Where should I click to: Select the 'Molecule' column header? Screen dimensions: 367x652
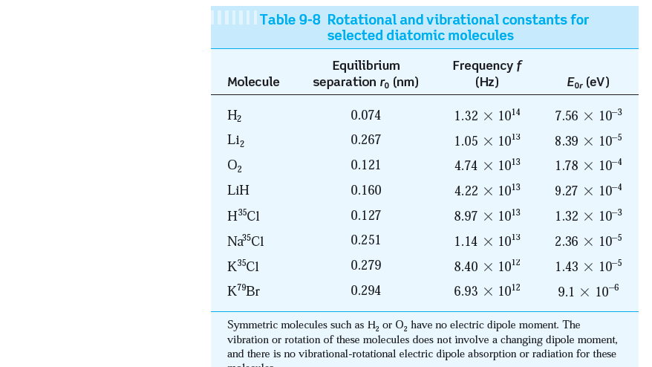point(253,82)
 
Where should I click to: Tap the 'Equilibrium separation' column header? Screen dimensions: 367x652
point(365,74)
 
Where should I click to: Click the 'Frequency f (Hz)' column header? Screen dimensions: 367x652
point(486,74)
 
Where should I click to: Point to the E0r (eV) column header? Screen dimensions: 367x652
point(587,82)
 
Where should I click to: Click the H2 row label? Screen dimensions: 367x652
point(234,116)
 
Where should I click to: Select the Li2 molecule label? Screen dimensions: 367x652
point(237,140)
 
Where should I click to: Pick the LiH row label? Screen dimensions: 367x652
point(238,190)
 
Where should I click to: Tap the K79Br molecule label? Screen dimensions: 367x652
point(244,290)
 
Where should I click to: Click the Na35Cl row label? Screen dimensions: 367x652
point(245,241)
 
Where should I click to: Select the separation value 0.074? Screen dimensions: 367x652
point(365,115)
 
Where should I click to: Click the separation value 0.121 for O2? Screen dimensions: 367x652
point(365,165)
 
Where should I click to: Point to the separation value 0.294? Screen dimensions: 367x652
point(365,290)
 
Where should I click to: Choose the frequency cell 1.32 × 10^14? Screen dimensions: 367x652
point(487,115)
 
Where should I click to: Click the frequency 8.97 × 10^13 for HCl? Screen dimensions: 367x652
point(487,215)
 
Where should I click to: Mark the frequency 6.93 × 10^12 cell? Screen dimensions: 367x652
point(487,290)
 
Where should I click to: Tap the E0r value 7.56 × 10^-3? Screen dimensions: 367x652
point(588,115)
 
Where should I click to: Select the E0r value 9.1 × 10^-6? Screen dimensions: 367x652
point(588,290)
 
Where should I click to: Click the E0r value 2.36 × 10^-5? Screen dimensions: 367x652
point(588,241)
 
